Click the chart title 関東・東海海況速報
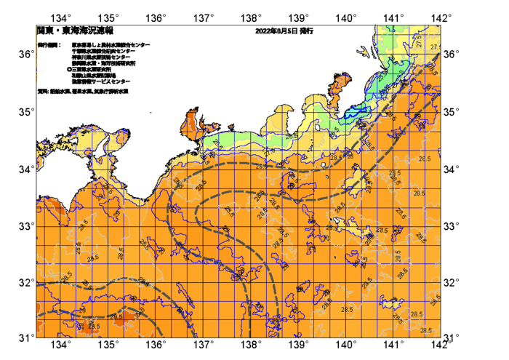click(75, 31)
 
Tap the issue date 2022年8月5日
click(276, 31)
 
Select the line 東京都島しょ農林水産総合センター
click(111, 45)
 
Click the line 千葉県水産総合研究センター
click(106, 51)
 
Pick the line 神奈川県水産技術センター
click(102, 57)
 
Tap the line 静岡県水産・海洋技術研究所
click(104, 63)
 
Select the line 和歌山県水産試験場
click(94, 75)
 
